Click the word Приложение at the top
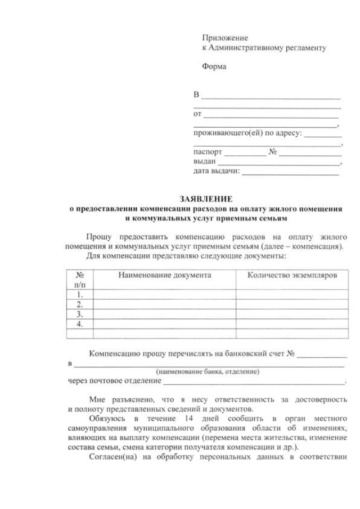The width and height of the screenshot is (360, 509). click(225, 38)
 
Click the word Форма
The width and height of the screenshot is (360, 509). click(214, 67)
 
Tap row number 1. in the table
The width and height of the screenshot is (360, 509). click(80, 294)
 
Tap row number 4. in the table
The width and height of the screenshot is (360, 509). click(80, 324)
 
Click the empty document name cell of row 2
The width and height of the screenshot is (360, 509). click(164, 304)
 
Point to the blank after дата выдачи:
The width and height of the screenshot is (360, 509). click(290, 172)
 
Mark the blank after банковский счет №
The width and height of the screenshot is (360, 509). click(322, 355)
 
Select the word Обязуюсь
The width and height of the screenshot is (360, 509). click(106, 419)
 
